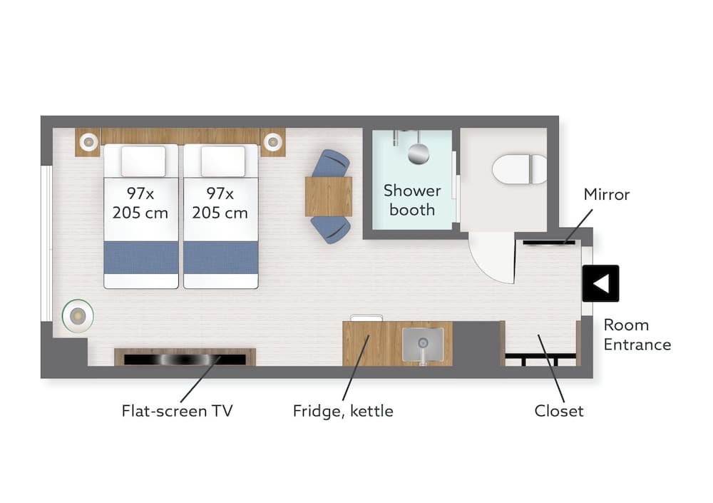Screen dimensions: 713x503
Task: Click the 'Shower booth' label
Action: [412, 200]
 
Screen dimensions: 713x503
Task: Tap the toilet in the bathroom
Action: [519, 169]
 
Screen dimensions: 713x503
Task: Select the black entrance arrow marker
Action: [600, 283]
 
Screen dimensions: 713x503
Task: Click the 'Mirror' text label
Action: [607, 194]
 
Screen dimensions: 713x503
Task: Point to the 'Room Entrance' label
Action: [637, 335]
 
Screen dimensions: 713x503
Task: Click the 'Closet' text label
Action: [558, 411]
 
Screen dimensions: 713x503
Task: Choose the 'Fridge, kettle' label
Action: [343, 412]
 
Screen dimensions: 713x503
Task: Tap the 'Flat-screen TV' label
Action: [177, 411]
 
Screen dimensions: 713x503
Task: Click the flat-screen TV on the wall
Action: [185, 359]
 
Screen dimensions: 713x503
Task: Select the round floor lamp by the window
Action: [78, 315]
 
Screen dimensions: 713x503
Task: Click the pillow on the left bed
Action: [143, 161]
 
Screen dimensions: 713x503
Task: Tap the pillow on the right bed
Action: [223, 161]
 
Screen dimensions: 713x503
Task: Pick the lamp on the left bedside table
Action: [89, 142]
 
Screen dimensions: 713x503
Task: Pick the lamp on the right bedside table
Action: [273, 142]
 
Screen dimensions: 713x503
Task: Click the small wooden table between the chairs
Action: [328, 196]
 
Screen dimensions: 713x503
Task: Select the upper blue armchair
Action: [331, 163]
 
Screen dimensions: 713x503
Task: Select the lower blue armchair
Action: [331, 230]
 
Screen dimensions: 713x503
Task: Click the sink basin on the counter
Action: [423, 345]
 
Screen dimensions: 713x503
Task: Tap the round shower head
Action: [419, 153]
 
